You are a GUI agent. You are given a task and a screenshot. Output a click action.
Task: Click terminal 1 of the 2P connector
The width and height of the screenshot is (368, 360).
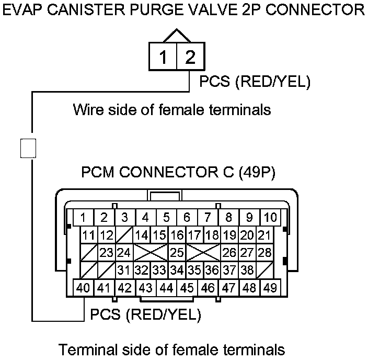(164, 57)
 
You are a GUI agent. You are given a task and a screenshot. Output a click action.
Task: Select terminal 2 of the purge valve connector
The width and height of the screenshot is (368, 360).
(189, 57)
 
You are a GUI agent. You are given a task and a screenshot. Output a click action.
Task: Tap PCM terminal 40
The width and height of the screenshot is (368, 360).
(83, 287)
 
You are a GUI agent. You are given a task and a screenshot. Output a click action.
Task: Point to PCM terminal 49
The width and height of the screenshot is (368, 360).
(270, 287)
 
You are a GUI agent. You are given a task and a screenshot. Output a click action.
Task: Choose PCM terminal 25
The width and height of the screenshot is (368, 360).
(177, 253)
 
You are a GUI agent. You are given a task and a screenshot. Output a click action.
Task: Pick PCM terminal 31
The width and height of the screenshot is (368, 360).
(124, 271)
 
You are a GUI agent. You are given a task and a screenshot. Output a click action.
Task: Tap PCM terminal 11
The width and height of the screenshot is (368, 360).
(89, 235)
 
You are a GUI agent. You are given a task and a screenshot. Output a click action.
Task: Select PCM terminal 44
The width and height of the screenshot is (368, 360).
(166, 287)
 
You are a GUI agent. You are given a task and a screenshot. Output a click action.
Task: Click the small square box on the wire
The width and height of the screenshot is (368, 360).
(28, 148)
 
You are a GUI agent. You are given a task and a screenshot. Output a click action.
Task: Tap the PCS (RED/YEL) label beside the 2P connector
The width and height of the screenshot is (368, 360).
(255, 82)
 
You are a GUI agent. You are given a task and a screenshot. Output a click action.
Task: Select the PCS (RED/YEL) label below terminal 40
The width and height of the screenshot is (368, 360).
(145, 315)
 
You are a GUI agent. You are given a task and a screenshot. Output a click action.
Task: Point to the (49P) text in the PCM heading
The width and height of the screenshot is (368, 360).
(256, 172)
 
